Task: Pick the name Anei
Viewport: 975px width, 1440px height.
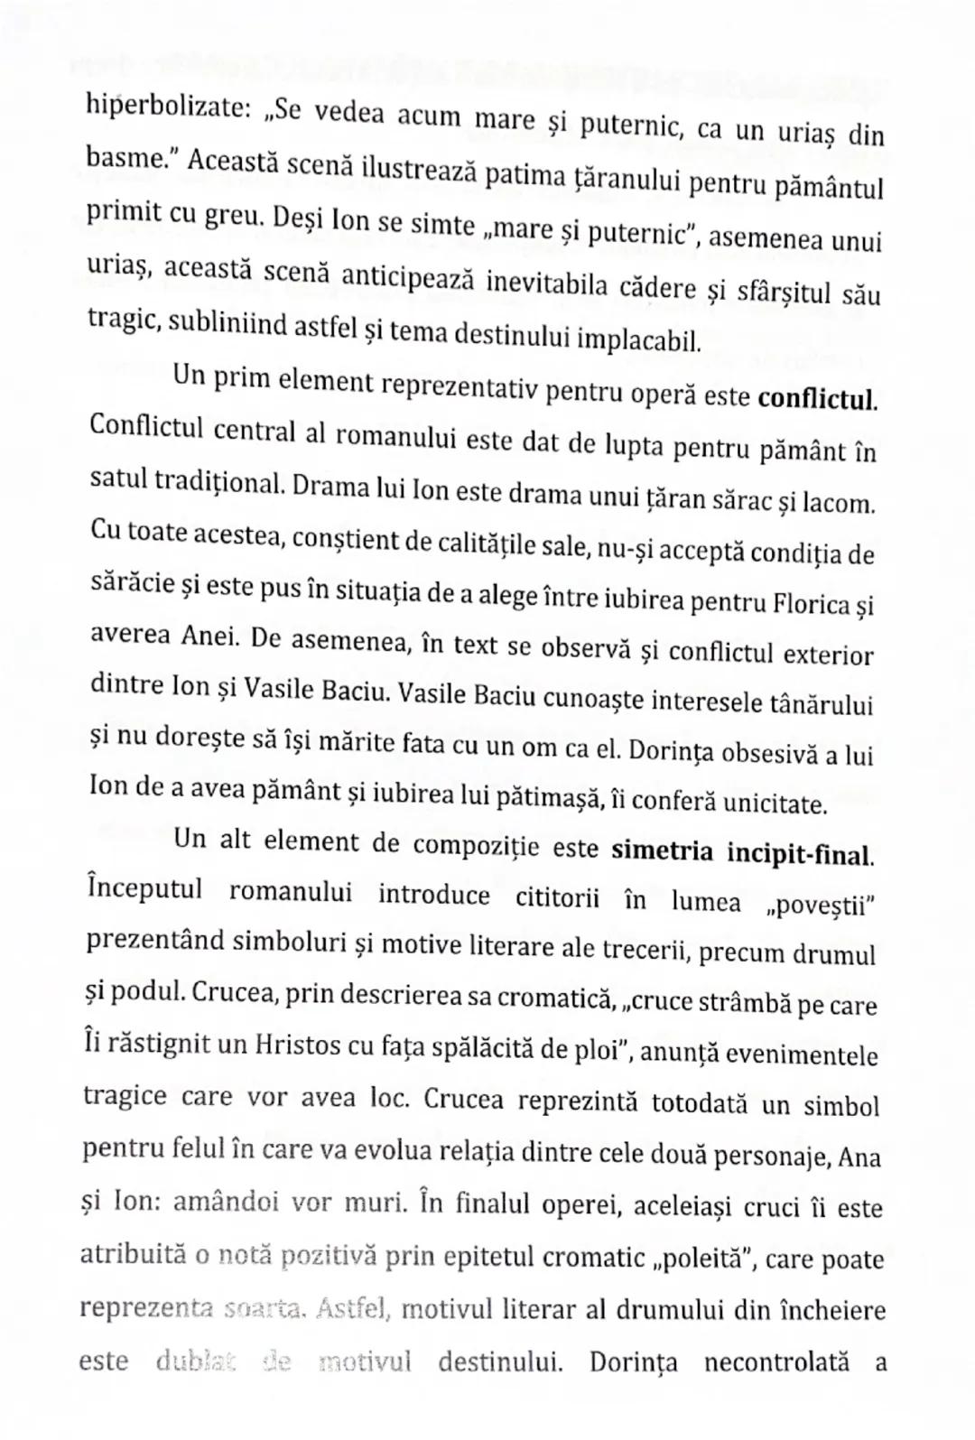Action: pyautogui.click(x=210, y=636)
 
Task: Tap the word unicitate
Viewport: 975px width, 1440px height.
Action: pyautogui.click(x=775, y=803)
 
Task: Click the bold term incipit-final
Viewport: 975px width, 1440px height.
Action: pyautogui.click(x=809, y=854)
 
